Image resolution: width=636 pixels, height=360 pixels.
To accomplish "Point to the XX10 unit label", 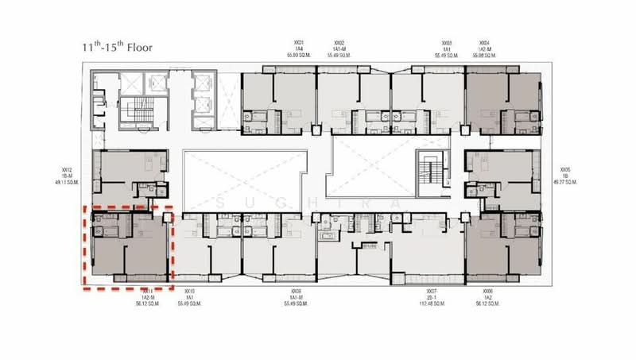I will (x=188, y=297).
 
